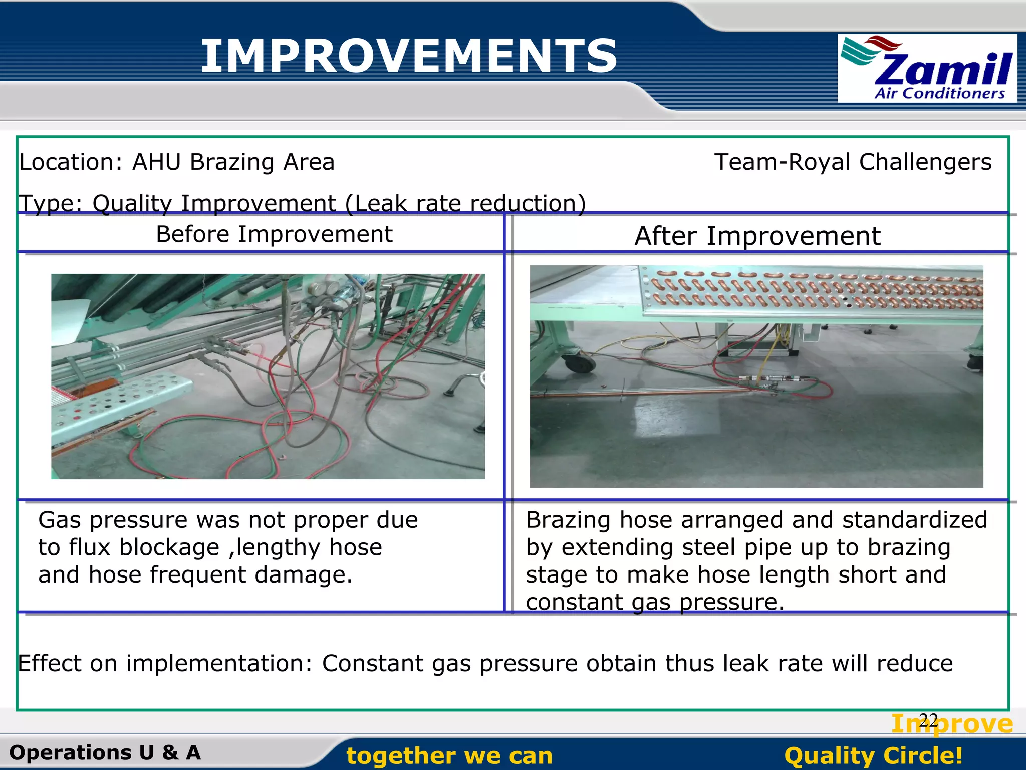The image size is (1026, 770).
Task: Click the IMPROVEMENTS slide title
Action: tap(408, 56)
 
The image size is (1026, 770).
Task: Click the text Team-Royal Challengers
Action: tap(853, 162)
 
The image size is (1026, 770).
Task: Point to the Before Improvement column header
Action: tap(274, 234)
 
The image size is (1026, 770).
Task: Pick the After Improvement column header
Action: tap(757, 236)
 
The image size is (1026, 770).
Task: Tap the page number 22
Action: tap(928, 721)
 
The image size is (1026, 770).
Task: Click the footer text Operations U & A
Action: tap(105, 752)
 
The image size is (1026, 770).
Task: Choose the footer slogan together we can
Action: tap(449, 755)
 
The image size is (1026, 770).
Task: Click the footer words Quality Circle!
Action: tap(873, 755)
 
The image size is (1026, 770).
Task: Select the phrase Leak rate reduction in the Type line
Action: tap(466, 203)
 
